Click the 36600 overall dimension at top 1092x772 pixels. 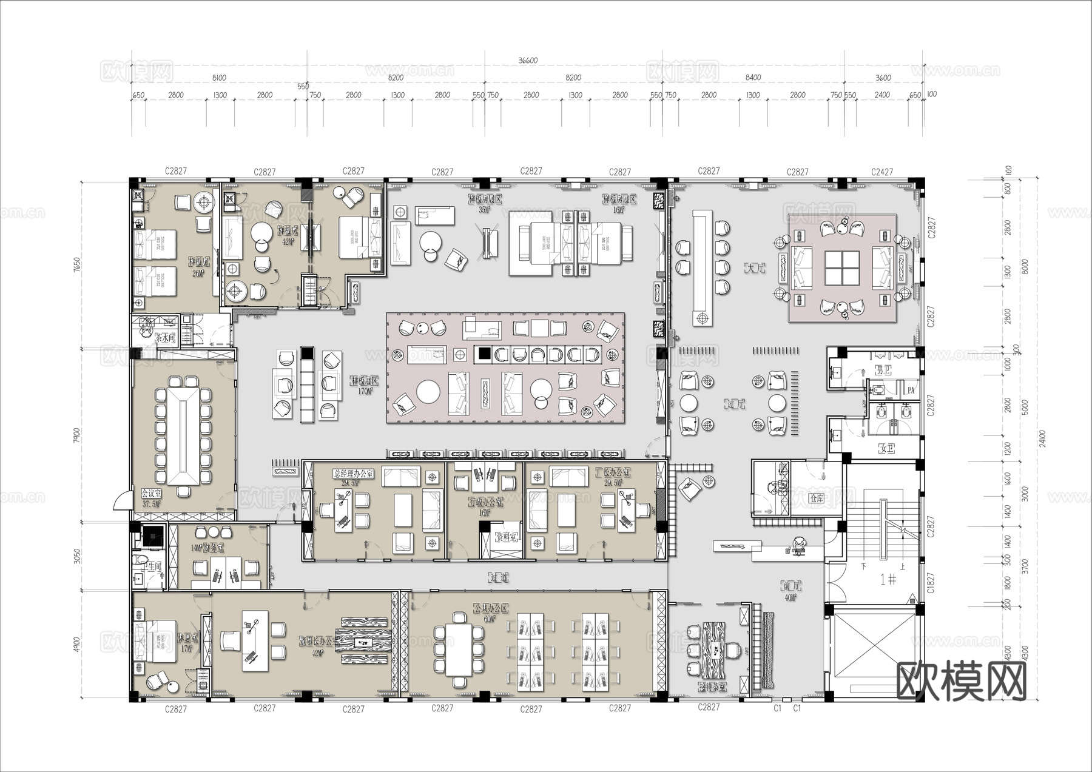tap(528, 61)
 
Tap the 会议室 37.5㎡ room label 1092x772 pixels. tap(152, 498)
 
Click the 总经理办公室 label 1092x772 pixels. tap(354, 474)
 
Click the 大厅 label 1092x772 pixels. tap(754, 267)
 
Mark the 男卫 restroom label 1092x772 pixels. tap(883, 370)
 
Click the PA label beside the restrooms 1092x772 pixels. tap(911, 391)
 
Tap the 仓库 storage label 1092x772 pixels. tap(817, 498)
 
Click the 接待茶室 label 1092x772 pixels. tap(712, 687)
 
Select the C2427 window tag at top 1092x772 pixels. tap(882, 172)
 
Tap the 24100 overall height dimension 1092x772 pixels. tap(1042, 438)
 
